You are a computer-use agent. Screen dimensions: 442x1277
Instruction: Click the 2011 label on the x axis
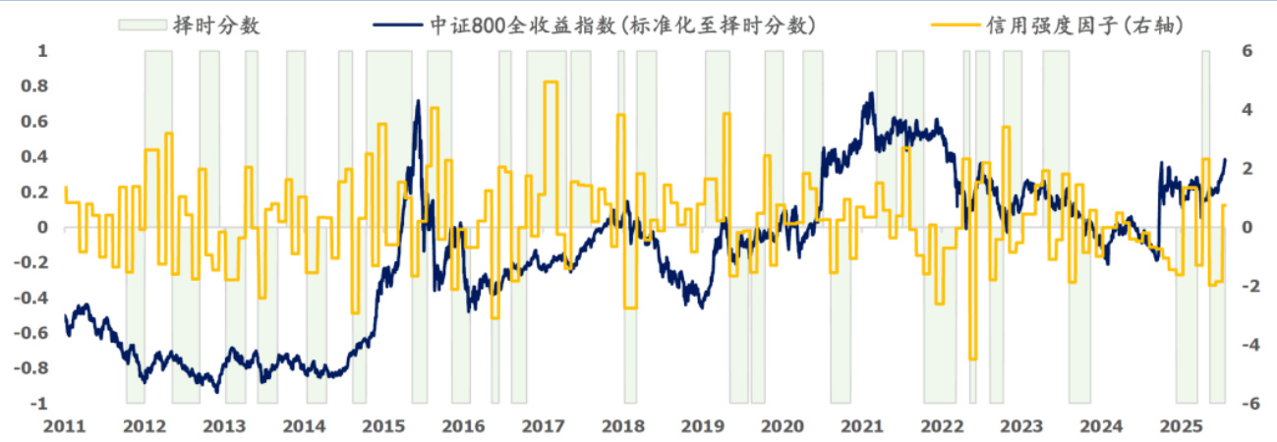click(x=64, y=426)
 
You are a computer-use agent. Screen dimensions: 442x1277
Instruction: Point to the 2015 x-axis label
click(x=383, y=426)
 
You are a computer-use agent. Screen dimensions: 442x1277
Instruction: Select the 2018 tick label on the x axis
click(x=623, y=426)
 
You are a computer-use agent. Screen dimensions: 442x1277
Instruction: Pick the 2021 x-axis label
click(x=862, y=426)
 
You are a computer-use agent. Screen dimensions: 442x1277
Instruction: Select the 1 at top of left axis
click(x=42, y=51)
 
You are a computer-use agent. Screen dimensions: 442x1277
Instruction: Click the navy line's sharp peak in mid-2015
click(x=418, y=100)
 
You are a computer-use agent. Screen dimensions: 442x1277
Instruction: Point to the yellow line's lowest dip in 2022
click(x=972, y=359)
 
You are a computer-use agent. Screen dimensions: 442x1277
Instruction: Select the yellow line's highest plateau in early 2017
click(x=551, y=83)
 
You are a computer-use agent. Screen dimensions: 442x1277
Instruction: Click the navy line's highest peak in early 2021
click(x=871, y=93)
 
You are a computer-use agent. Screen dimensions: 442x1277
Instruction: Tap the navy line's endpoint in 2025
click(x=1225, y=158)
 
